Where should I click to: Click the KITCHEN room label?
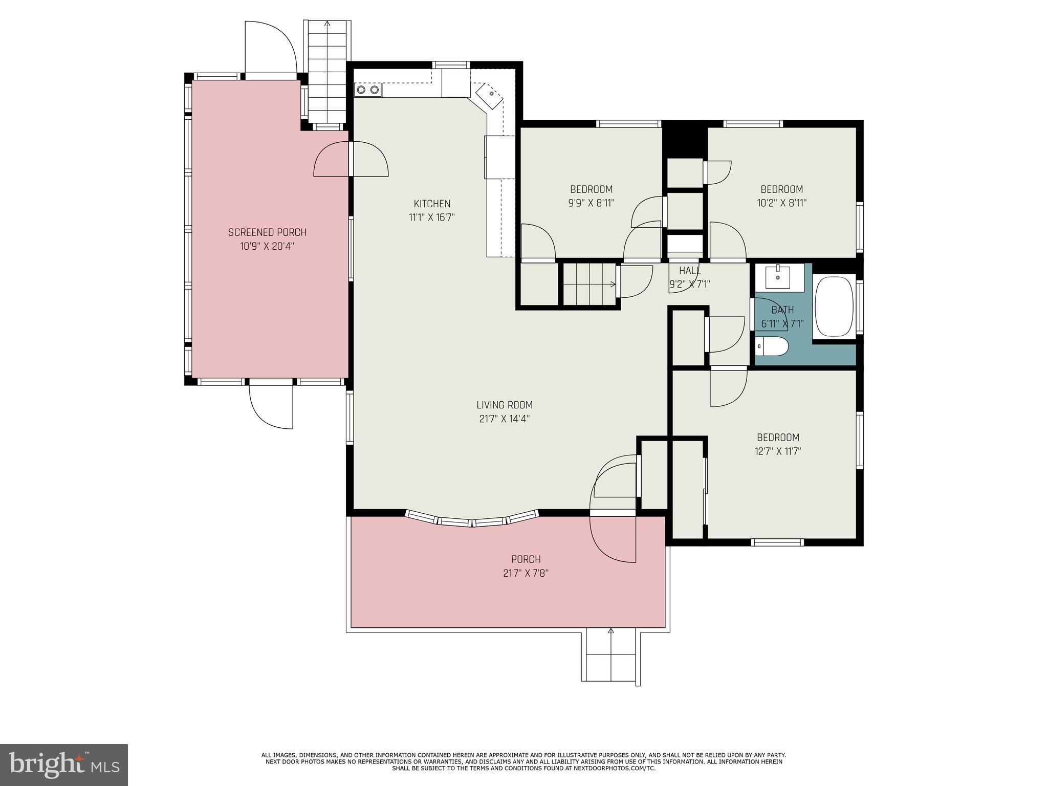point(432,204)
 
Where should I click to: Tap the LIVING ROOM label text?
point(504,405)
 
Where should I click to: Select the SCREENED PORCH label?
point(267,232)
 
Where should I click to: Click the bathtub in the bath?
point(834,307)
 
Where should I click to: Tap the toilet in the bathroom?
point(772,346)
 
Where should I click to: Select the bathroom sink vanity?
point(778,277)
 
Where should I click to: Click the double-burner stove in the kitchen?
point(368,90)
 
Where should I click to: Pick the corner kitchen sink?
point(490,96)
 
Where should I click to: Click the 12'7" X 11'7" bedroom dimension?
point(778,451)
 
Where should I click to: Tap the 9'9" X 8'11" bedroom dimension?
point(591,203)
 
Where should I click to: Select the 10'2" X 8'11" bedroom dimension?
point(781,203)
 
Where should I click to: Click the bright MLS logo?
point(64,765)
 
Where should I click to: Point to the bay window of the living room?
point(472,519)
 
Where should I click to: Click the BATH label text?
point(782,310)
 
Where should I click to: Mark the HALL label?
point(689,271)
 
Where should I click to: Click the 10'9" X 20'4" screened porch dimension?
point(267,246)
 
